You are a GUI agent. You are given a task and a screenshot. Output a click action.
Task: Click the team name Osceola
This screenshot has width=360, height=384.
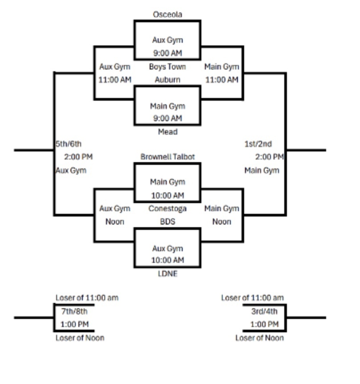(168, 14)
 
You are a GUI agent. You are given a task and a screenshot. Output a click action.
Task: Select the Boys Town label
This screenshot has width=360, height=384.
(168, 67)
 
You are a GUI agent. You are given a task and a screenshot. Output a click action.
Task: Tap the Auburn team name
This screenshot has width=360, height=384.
(168, 80)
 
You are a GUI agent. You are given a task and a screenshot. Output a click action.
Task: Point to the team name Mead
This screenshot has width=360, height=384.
(168, 132)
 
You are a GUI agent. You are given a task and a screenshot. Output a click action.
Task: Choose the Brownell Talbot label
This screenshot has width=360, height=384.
(168, 157)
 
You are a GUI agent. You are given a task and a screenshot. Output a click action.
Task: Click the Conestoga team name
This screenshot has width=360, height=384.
(168, 208)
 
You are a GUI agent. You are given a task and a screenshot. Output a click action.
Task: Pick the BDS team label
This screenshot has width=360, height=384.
(168, 222)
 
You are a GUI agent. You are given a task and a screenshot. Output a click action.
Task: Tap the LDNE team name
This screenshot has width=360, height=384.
(168, 274)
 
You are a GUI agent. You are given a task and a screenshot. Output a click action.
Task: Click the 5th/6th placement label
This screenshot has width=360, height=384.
(68, 144)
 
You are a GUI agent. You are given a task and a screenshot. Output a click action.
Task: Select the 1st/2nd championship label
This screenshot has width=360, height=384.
(258, 144)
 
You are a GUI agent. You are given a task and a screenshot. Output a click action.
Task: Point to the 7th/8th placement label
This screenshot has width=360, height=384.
(74, 311)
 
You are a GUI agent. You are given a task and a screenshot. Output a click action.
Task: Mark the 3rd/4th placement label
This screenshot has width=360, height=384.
(264, 311)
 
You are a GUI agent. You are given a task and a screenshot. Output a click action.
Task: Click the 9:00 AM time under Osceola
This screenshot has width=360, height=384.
(168, 53)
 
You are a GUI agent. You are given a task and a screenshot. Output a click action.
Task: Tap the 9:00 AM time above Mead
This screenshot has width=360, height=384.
(168, 118)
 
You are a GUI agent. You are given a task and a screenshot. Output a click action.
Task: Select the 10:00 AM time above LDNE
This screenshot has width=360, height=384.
(168, 260)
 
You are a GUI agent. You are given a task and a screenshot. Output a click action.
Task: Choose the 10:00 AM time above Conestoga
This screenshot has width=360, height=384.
(168, 196)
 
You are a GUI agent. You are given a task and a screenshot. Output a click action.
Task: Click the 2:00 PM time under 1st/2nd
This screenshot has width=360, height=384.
(270, 157)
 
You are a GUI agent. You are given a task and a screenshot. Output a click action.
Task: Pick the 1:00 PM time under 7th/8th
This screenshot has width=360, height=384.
(74, 324)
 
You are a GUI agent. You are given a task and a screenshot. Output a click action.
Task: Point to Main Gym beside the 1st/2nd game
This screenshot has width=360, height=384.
(262, 171)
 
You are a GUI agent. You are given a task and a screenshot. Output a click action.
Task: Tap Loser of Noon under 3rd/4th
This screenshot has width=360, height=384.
(260, 338)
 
